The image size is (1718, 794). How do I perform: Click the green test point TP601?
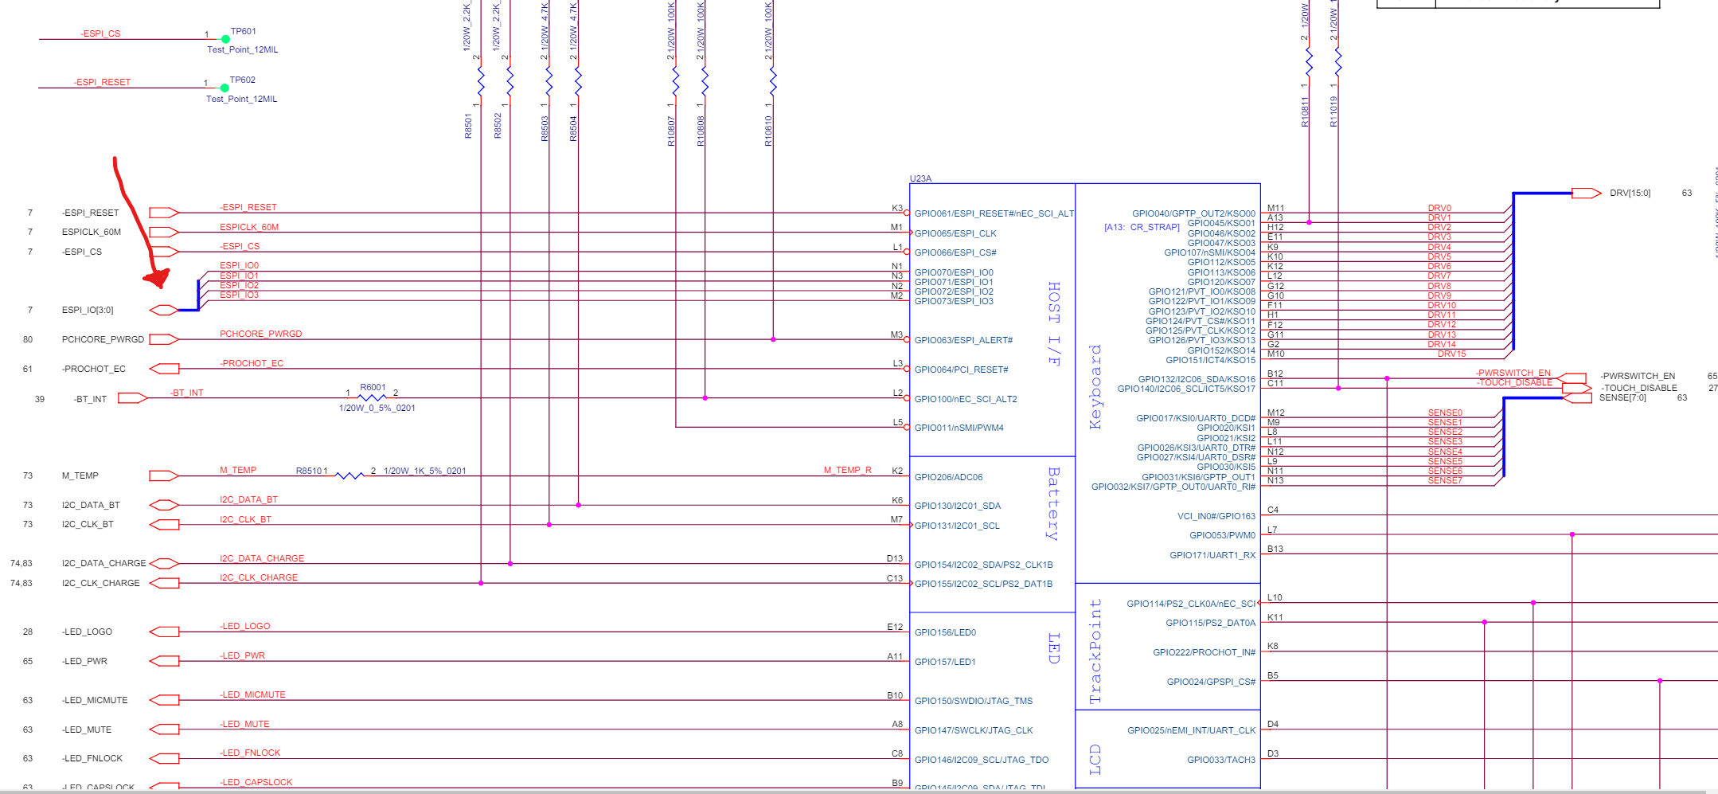(x=225, y=39)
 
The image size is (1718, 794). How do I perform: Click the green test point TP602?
(x=225, y=88)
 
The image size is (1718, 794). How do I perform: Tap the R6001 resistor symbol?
(x=372, y=397)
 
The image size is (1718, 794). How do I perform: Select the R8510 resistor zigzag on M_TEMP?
(x=349, y=475)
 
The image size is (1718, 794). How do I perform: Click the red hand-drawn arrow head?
(x=158, y=278)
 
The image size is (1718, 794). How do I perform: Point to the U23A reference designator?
(x=920, y=178)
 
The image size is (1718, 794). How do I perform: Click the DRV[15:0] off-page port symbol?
(x=1586, y=193)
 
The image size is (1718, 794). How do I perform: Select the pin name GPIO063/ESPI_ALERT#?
(x=963, y=340)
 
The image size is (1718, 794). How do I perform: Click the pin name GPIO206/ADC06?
(x=948, y=477)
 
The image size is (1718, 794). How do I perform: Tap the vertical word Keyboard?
(x=1095, y=387)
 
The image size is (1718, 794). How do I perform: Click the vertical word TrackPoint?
(x=1095, y=651)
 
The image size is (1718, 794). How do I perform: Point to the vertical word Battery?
(x=1053, y=504)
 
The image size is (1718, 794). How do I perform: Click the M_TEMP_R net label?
(x=847, y=470)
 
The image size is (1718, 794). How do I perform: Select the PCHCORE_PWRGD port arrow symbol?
(x=163, y=339)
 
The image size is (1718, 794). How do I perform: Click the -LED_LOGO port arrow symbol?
(x=164, y=632)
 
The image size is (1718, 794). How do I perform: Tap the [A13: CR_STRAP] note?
(x=1142, y=227)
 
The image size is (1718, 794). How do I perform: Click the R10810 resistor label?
(x=768, y=131)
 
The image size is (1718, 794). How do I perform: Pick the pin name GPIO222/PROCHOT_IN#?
(x=1204, y=652)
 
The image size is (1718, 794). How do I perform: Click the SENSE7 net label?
(x=1444, y=480)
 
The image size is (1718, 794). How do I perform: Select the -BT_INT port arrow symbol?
(x=132, y=398)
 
